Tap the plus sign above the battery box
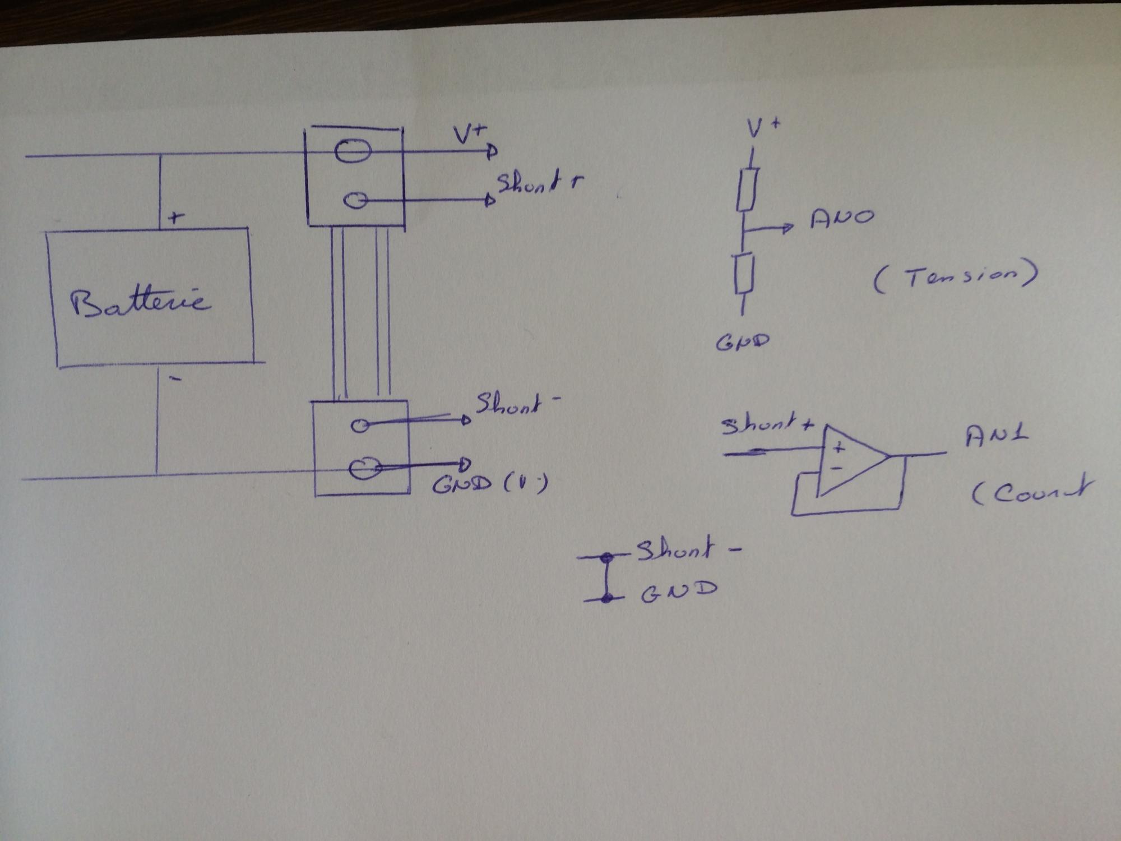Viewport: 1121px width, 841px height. (x=176, y=217)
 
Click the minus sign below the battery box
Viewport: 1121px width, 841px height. (x=175, y=379)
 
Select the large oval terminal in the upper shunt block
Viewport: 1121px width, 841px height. (x=353, y=151)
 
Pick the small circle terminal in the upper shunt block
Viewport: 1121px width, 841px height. (x=355, y=200)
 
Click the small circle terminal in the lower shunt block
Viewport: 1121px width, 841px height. (x=359, y=426)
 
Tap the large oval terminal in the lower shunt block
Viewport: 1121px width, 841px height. (x=364, y=468)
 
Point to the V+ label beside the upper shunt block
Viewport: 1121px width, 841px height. (x=470, y=135)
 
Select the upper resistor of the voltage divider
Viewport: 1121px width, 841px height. (x=747, y=189)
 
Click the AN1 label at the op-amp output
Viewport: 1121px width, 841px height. (x=997, y=436)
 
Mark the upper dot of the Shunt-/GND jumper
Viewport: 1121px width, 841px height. (x=606, y=558)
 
